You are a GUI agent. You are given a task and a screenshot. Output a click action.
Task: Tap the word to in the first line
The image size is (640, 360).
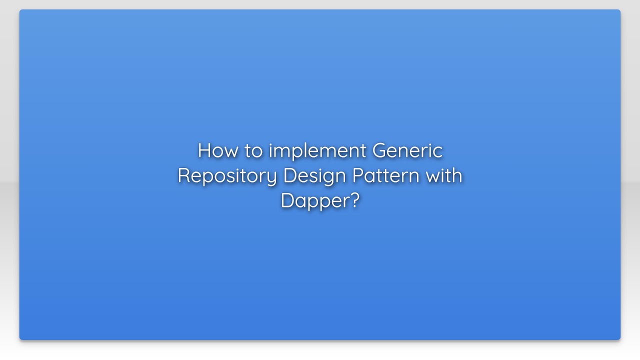[254, 150]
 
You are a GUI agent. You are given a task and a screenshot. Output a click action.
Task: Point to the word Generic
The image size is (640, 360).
[407, 150]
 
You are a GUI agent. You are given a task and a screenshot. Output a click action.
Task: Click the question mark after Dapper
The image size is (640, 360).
[354, 200]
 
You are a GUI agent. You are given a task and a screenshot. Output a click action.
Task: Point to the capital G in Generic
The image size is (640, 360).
[380, 150]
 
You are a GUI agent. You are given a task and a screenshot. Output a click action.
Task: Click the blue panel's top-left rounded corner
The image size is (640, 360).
[21, 11]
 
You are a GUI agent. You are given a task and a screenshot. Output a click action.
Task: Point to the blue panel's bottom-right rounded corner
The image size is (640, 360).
[618, 338]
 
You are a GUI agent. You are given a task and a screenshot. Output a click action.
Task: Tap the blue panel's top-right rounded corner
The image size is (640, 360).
[618, 11]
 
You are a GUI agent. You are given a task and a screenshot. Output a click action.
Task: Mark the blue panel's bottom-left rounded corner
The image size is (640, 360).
[21, 338]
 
